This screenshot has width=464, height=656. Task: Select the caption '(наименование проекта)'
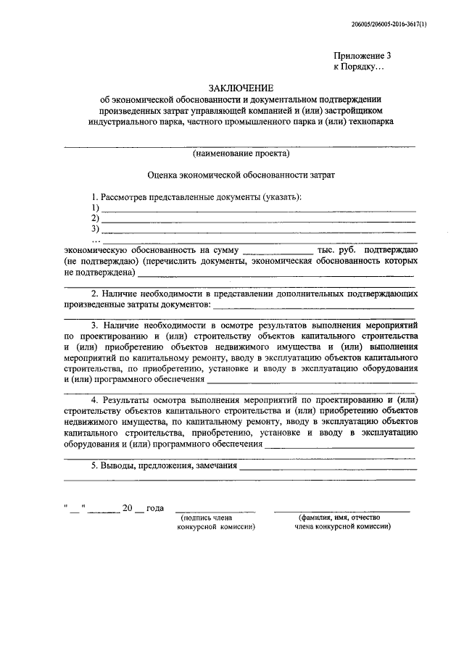click(x=241, y=154)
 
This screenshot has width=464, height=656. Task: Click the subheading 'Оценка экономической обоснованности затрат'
click(x=241, y=175)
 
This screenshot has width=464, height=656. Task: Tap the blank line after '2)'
click(x=258, y=220)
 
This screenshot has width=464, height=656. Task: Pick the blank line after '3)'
click(x=258, y=231)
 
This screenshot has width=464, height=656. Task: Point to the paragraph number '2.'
click(x=96, y=294)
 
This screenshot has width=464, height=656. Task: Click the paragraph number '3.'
click(x=96, y=327)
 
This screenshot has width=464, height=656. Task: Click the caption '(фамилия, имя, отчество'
click(x=342, y=518)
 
